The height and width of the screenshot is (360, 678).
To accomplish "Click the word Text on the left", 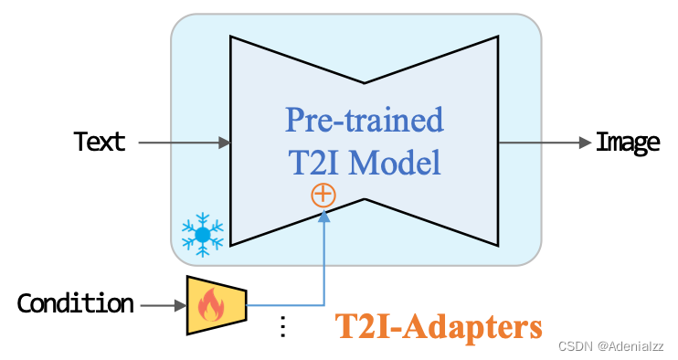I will pos(100,143).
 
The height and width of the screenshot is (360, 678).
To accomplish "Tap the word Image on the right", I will pos(627,143).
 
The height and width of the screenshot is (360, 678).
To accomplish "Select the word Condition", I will pos(76,303).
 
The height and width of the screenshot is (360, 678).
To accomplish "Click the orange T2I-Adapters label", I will pos(438,326).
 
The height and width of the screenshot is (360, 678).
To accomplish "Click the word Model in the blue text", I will pos(398,163).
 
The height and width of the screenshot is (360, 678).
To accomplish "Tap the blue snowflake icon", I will pos(202,234).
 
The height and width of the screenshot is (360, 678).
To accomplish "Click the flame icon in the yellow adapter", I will pos(212,304).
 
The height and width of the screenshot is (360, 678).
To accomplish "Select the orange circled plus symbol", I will pos(323,195).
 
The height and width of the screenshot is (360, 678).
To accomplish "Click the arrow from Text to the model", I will pos(183,143).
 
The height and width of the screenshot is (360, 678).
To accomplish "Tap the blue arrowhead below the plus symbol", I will pos(323,216).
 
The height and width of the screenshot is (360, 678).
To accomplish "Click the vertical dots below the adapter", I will pos(282,325).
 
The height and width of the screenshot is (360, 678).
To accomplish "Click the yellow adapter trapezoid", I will pos(216,303).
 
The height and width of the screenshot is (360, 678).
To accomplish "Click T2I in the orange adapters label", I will pos(360,326).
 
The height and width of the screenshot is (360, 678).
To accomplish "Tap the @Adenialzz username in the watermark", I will pos(630,347).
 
